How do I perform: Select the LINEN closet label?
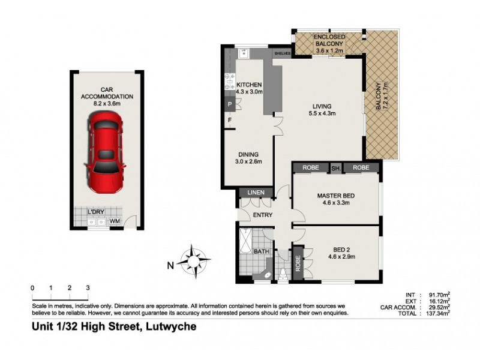[x=251, y=193]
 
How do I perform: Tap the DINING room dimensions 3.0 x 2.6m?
[x=249, y=161]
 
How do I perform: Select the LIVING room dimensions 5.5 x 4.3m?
[x=322, y=113]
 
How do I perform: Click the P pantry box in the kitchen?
[x=229, y=104]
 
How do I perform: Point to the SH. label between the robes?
[x=335, y=169]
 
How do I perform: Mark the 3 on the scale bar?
[x=88, y=289]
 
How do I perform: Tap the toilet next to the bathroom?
[x=282, y=274]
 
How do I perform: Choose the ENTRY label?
[x=263, y=215]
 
